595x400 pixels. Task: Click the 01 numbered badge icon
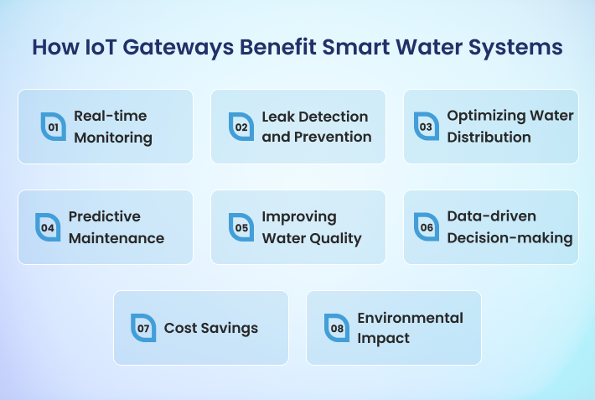tap(54, 127)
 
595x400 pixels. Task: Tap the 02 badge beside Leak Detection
tap(241, 127)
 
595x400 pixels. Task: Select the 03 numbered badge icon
tap(427, 126)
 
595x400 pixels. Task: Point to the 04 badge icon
tap(48, 227)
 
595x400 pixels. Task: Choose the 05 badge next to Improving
tap(241, 227)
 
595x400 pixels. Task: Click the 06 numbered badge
tap(427, 226)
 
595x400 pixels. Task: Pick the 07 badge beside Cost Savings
tap(143, 328)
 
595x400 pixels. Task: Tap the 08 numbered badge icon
tap(337, 328)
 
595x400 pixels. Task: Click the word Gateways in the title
tap(178, 48)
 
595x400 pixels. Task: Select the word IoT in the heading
tap(101, 47)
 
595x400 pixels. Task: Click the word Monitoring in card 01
tap(113, 138)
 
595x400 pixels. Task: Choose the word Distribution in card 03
tap(489, 138)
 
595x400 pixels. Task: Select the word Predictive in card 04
tap(105, 216)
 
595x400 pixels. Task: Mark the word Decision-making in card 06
tap(510, 238)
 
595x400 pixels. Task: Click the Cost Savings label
tap(211, 328)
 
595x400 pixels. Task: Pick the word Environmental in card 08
tap(410, 318)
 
